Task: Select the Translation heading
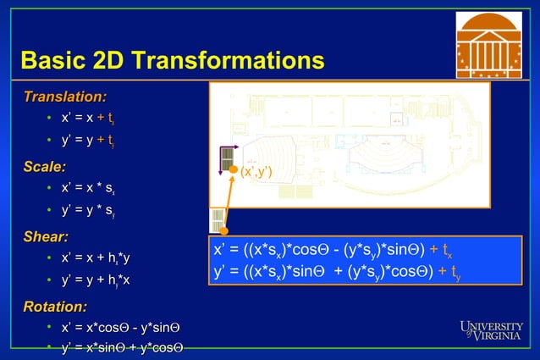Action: [x=64, y=96]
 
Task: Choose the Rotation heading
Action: [x=54, y=306]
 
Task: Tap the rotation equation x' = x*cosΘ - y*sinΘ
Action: [x=121, y=327]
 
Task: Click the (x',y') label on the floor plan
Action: [x=255, y=172]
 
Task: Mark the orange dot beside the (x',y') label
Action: [x=234, y=170]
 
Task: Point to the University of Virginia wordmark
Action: [x=490, y=330]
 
